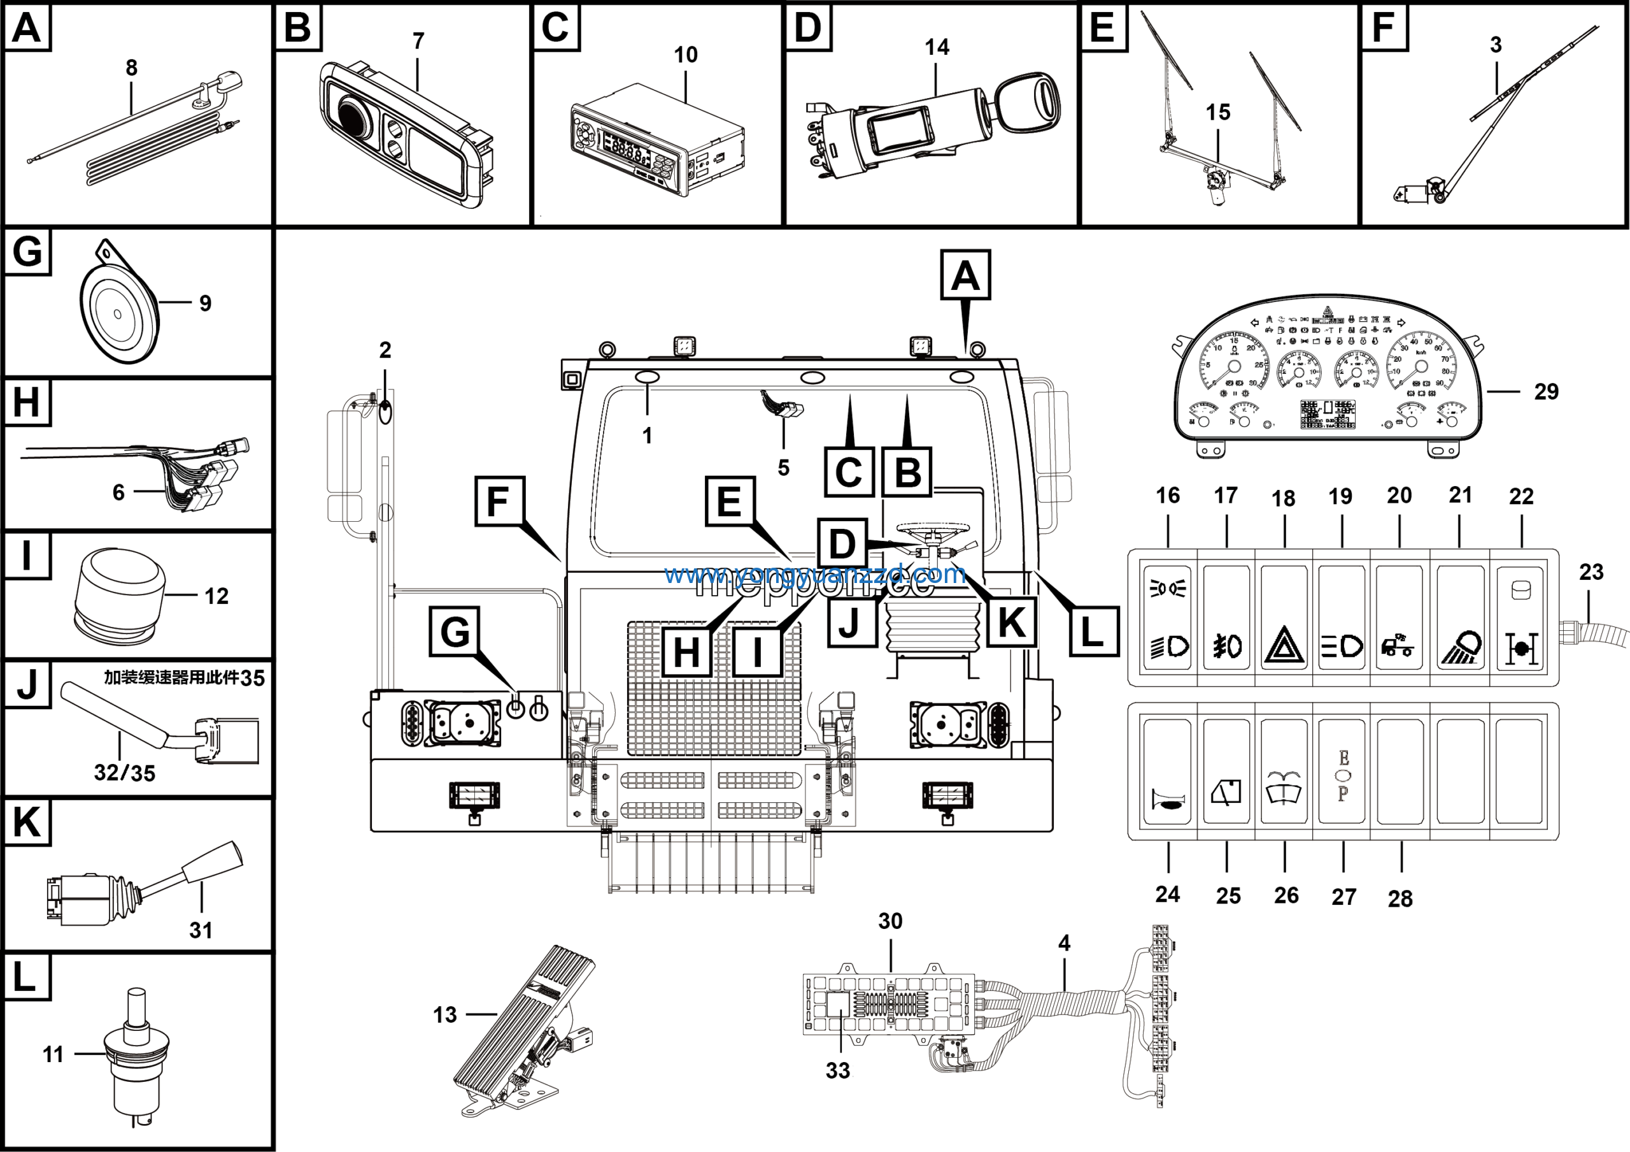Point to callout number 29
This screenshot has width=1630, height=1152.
pyautogui.click(x=1546, y=391)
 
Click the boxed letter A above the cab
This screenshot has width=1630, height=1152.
pyautogui.click(x=965, y=275)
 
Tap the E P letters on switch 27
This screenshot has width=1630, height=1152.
pyautogui.click(x=1343, y=775)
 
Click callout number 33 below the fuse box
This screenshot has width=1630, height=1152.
pyautogui.click(x=838, y=1070)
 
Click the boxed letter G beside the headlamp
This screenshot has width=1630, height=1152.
pyautogui.click(x=455, y=631)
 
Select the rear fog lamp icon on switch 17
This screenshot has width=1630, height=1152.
pyautogui.click(x=1227, y=646)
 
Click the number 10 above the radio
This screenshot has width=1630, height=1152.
pyautogui.click(x=685, y=55)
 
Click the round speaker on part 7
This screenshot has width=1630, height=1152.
pyautogui.click(x=353, y=116)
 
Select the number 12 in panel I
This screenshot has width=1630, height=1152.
pyautogui.click(x=216, y=596)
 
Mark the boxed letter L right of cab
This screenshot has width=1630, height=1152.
pyautogui.click(x=1094, y=631)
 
